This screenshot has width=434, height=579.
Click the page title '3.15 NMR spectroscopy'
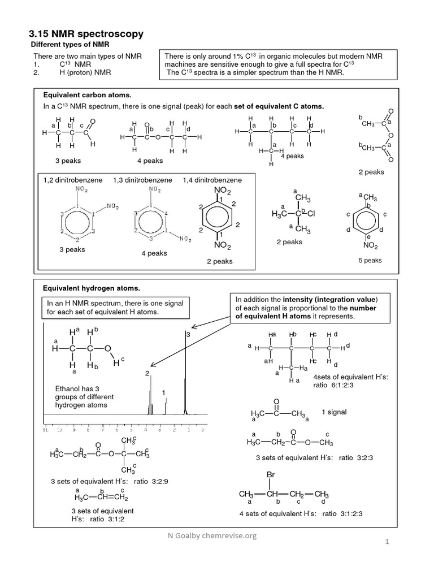point(86,34)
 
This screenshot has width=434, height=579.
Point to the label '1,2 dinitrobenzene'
point(73,180)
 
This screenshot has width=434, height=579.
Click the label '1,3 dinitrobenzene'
point(142,180)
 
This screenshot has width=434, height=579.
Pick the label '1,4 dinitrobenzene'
point(212,180)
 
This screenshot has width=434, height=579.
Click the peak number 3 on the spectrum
point(188,335)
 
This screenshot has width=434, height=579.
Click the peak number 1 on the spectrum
point(163,392)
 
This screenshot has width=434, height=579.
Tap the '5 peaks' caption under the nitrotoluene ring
point(370,260)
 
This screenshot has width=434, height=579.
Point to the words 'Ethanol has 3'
point(76,389)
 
